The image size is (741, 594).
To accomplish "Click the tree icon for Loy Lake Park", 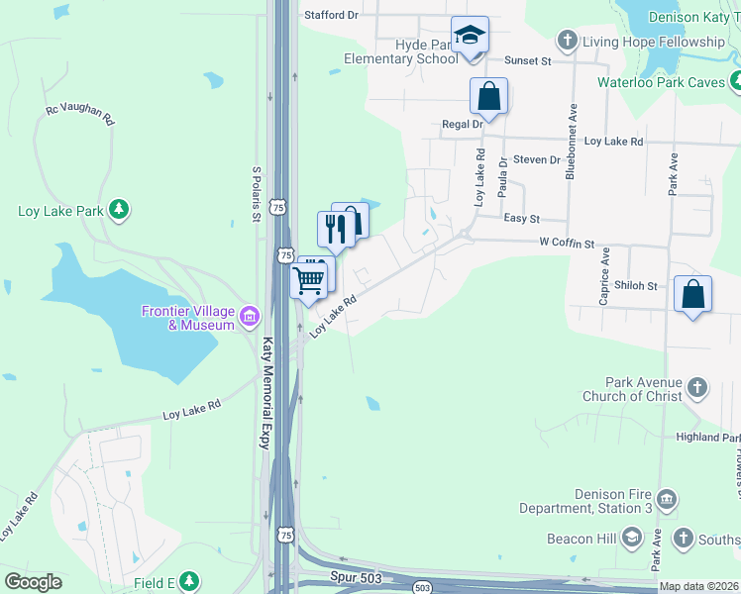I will click(x=119, y=210).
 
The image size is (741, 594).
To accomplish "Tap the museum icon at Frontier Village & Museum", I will click(x=249, y=318).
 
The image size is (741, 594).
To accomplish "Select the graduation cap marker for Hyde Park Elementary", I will click(x=469, y=37).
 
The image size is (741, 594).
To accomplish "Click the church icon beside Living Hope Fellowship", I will click(x=568, y=42).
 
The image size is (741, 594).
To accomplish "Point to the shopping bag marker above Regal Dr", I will click(x=488, y=97).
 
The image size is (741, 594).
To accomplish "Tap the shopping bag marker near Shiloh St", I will click(x=692, y=294).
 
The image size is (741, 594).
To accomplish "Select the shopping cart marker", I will click(x=309, y=279).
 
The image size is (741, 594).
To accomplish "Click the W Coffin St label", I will click(x=567, y=243).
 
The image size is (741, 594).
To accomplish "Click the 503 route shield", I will click(x=423, y=586).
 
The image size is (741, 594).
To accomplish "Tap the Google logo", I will click(x=33, y=582).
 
